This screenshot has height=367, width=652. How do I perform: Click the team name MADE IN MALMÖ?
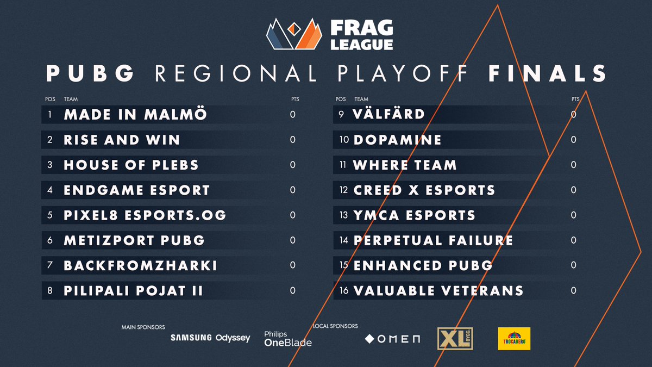pyautogui.click(x=135, y=115)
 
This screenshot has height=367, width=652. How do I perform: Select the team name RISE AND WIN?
pyautogui.click(x=122, y=140)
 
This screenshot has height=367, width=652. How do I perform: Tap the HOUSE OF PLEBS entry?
pyautogui.click(x=131, y=165)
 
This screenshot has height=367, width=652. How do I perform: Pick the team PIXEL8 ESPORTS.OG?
pyautogui.click(x=145, y=215)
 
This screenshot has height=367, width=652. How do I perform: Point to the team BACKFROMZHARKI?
pyautogui.click(x=140, y=266)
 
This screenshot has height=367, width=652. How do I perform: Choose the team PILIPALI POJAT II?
pyautogui.click(x=133, y=291)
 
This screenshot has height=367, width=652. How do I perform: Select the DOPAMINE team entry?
pyautogui.click(x=397, y=140)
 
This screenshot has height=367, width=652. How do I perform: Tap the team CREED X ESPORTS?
pyautogui.click(x=424, y=190)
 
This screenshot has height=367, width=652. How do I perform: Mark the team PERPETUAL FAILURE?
pyautogui.click(x=433, y=240)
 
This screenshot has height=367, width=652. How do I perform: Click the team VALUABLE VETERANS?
pyautogui.click(x=438, y=291)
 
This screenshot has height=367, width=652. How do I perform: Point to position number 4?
pyautogui.click(x=49, y=190)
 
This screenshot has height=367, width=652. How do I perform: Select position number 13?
pyautogui.click(x=343, y=215)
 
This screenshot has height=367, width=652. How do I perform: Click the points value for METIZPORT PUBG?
pyautogui.click(x=293, y=240)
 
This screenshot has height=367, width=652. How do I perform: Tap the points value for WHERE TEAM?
pyautogui.click(x=574, y=165)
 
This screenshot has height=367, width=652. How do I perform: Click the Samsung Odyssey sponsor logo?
pyautogui.click(x=210, y=338)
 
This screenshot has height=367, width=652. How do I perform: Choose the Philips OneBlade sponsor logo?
pyautogui.click(x=287, y=339)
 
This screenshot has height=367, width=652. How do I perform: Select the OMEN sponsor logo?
pyautogui.click(x=392, y=339)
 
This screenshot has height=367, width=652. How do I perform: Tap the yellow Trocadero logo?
pyautogui.click(x=513, y=338)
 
